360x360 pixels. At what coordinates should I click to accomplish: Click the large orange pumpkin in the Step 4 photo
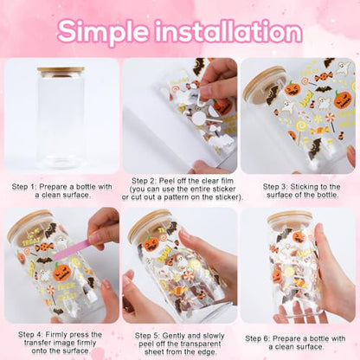(61, 272)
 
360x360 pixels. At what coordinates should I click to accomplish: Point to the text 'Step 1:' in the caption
(24, 187)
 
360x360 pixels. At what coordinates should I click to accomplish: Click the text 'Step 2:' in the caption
(144, 181)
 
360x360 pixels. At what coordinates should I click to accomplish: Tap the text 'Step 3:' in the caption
(275, 187)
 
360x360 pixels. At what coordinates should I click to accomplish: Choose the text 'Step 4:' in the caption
(30, 335)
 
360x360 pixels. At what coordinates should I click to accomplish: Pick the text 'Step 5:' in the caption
(147, 336)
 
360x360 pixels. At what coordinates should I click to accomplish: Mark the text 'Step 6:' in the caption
(258, 338)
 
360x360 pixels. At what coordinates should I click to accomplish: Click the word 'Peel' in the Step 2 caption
(167, 181)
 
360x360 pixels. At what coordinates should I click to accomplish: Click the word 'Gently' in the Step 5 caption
(174, 336)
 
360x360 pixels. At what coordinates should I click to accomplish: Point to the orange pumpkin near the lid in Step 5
(151, 244)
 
